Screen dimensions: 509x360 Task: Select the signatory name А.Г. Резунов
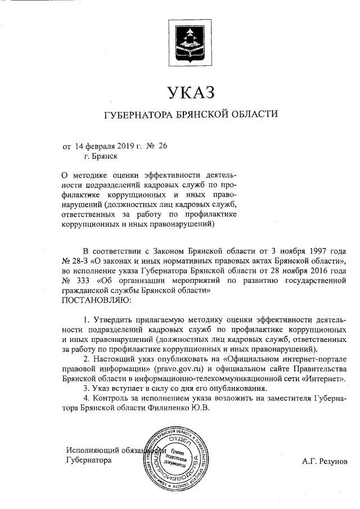[325, 461]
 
